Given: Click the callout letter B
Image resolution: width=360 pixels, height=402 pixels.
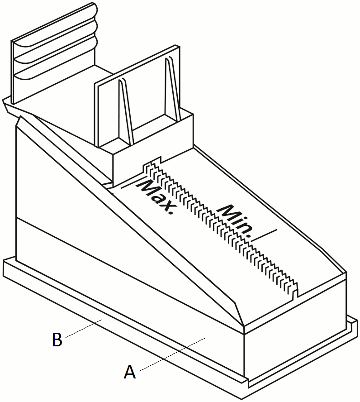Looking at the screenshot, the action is [57, 340].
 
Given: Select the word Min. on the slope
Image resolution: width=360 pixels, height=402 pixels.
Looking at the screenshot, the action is [235, 221].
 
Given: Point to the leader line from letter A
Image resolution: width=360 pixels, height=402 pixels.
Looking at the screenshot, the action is [173, 354].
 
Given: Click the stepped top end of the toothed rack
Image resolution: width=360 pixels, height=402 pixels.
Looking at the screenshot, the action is [153, 163].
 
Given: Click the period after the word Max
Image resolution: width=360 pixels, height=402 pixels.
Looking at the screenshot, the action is [169, 212].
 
